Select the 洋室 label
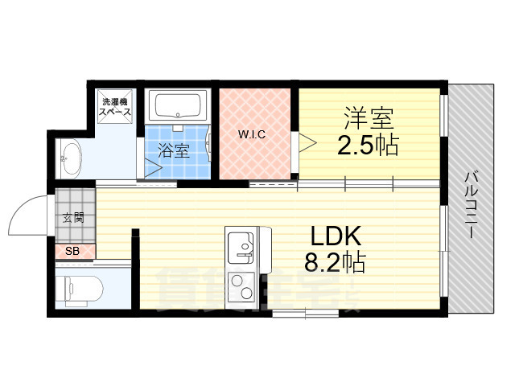pos(369,119)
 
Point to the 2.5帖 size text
pos(369,147)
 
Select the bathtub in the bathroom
pos(180,107)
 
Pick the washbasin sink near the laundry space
pos(71,156)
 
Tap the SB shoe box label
pos(72,252)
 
